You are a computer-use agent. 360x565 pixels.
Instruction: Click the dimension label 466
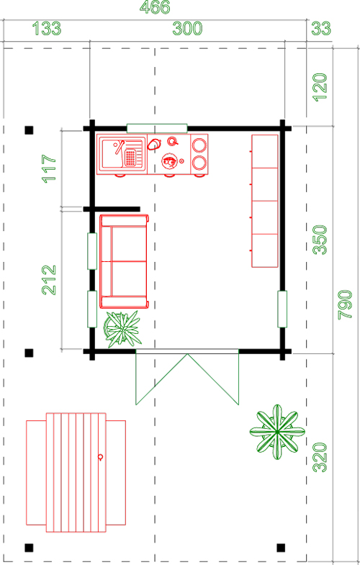(155, 7)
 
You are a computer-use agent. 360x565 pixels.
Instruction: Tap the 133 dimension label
(47, 29)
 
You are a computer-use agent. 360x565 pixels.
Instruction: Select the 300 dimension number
(187, 29)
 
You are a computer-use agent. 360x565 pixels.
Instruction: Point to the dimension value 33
(320, 29)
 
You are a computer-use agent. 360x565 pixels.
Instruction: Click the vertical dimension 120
(320, 88)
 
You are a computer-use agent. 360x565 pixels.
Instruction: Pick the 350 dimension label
(320, 240)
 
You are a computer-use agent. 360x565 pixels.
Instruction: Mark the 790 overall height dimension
(345, 304)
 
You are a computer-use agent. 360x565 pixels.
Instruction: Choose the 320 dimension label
(320, 458)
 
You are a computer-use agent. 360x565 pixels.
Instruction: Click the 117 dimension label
(50, 168)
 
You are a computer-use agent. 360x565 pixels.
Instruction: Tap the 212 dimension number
(50, 280)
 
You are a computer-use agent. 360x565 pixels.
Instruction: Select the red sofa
(124, 261)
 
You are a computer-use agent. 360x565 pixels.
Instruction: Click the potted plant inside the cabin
(122, 329)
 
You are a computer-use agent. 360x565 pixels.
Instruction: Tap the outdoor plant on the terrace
(277, 432)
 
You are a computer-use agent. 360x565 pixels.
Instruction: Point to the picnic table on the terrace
(76, 472)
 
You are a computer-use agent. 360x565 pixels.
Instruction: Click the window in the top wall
(157, 128)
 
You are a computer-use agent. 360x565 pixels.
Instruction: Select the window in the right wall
(282, 309)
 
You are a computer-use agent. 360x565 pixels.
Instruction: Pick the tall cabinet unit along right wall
(265, 201)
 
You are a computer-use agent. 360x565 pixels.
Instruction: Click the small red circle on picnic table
(101, 457)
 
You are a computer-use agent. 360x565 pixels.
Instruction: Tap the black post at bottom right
(281, 548)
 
